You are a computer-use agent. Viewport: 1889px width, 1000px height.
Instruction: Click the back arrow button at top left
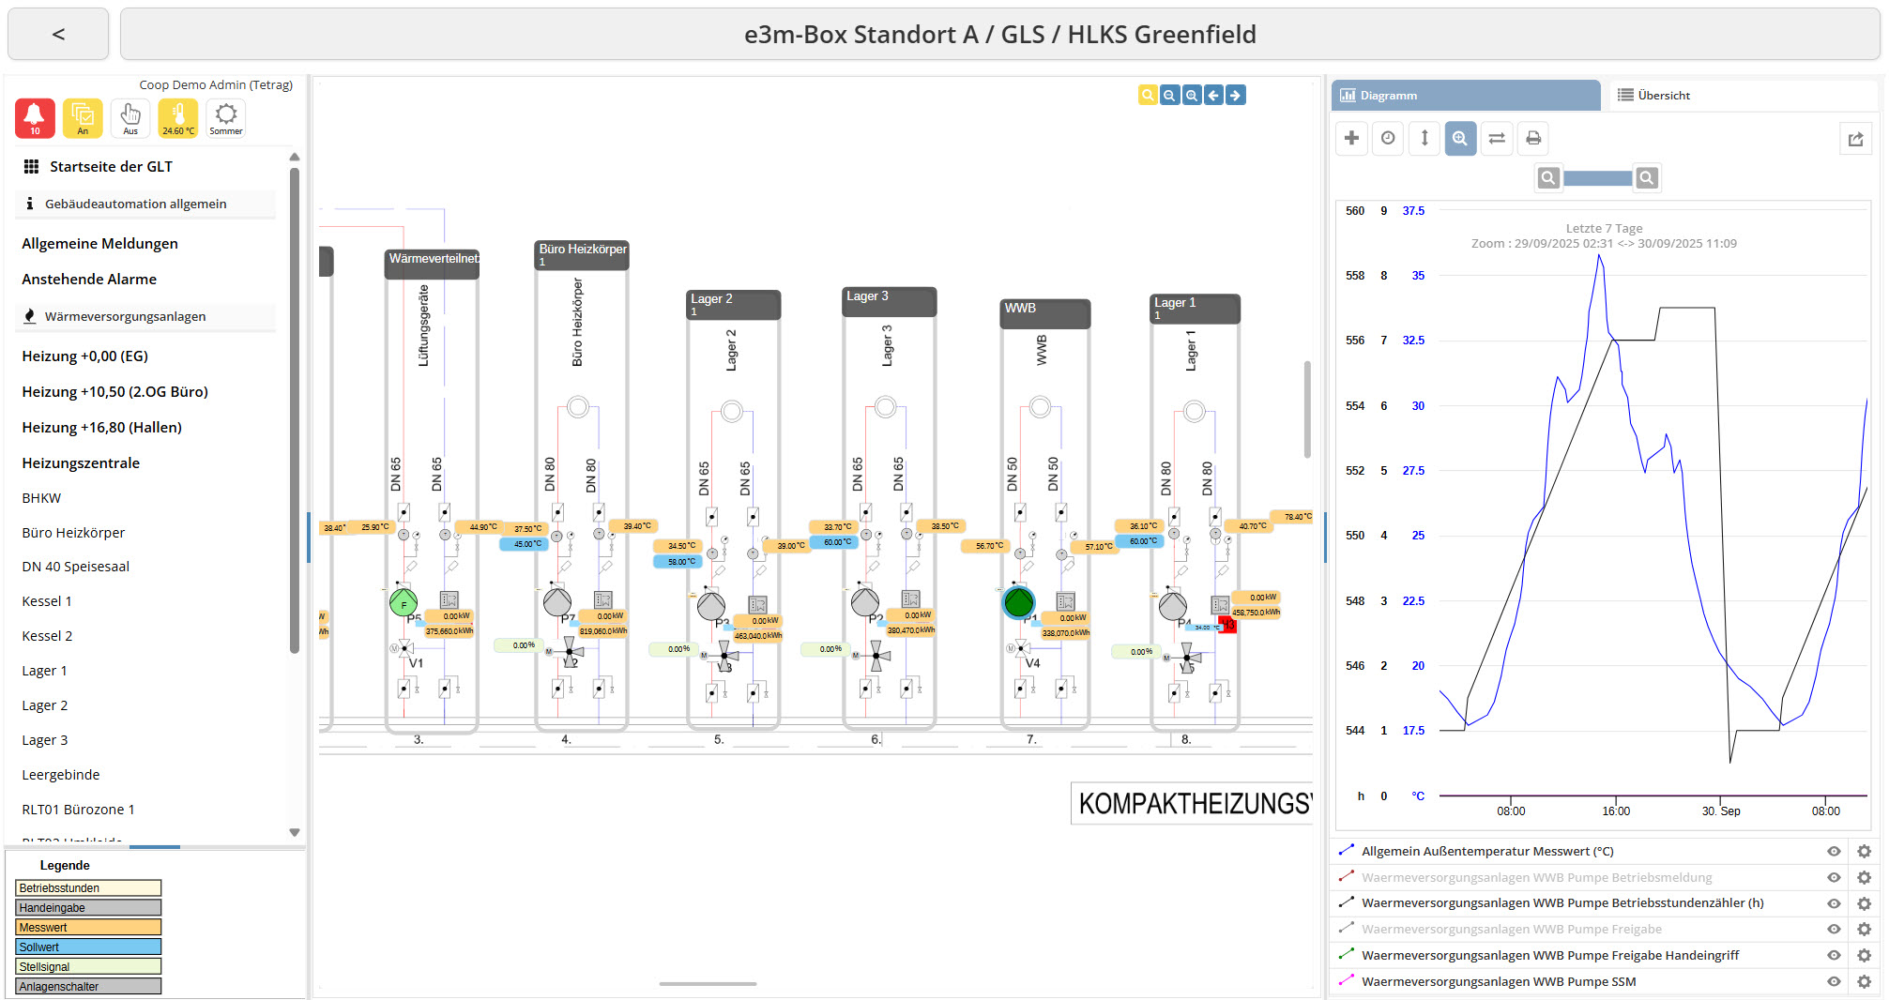(x=58, y=35)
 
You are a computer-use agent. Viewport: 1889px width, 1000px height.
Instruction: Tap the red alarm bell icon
(x=35, y=118)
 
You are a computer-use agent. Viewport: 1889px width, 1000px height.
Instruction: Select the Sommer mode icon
(x=226, y=118)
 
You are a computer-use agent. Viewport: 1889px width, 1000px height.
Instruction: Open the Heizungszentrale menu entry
(x=81, y=462)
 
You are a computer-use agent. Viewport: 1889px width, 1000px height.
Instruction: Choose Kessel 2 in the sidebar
(x=47, y=635)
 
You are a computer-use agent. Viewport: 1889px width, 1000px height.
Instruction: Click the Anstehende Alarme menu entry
(x=89, y=279)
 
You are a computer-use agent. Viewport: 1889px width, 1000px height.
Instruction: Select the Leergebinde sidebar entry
(x=61, y=774)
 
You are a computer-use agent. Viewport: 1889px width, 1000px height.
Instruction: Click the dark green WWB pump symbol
(x=1018, y=602)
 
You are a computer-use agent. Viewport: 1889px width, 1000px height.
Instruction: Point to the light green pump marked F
(x=404, y=603)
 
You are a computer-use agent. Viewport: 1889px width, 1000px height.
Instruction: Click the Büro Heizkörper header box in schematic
(x=582, y=254)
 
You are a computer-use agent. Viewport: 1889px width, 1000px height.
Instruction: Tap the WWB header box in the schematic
(x=1044, y=312)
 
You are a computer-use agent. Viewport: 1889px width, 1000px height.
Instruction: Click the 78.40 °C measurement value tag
(x=1298, y=517)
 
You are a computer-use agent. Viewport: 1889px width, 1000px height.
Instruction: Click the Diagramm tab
(x=1465, y=95)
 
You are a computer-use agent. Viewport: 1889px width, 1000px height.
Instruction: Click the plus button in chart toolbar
(x=1351, y=138)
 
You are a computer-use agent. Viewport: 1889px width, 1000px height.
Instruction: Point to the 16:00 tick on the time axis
(x=1616, y=811)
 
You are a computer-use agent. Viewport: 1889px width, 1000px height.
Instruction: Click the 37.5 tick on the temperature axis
(x=1413, y=211)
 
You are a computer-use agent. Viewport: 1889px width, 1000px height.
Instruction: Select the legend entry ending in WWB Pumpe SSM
(x=1499, y=981)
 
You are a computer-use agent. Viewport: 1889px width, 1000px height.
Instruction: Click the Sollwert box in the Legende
(x=88, y=947)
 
